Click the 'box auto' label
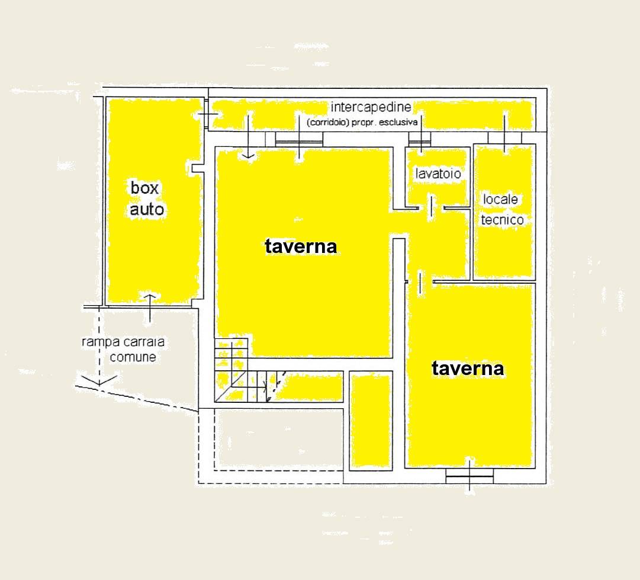pyautogui.click(x=147, y=198)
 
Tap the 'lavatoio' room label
pyautogui.click(x=438, y=174)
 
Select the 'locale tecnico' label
pyautogui.click(x=501, y=210)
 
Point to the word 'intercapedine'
pyautogui.click(x=371, y=107)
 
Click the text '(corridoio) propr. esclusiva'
pyautogui.click(x=362, y=122)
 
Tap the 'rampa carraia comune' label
pyautogui.click(x=123, y=349)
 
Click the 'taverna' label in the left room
pyautogui.click(x=301, y=246)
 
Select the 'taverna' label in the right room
pyautogui.click(x=468, y=368)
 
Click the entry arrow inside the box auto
pyautogui.click(x=150, y=307)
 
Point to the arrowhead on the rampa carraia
pyautogui.click(x=99, y=381)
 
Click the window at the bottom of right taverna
pyautogui.click(x=469, y=476)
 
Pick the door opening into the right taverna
pyautogui.click(x=420, y=282)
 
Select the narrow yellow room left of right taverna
pyautogui.click(x=371, y=421)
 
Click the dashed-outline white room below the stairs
pyautogui.click(x=278, y=440)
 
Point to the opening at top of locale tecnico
pyautogui.click(x=504, y=138)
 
